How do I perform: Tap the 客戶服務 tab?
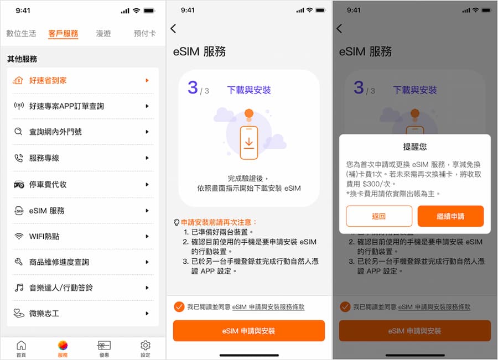63,33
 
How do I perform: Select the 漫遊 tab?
103,33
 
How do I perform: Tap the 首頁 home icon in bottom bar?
21,348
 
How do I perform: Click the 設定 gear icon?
145,348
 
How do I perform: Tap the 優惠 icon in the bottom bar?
103,348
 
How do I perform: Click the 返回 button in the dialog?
379,216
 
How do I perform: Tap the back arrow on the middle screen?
174,29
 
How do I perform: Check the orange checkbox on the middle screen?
179,307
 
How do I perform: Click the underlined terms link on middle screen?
268,307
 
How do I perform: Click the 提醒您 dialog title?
415,147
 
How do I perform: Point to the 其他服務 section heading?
22,59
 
